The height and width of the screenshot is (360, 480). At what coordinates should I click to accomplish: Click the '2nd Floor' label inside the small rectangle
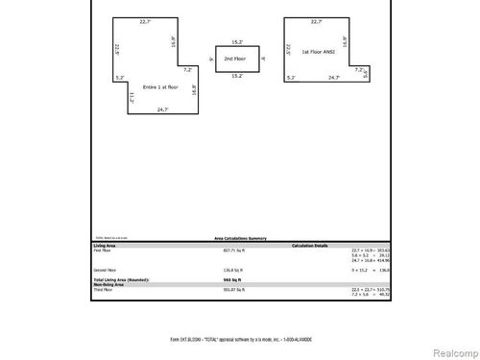click(x=233, y=59)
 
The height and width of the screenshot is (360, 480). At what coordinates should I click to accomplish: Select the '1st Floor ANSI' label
click(x=317, y=51)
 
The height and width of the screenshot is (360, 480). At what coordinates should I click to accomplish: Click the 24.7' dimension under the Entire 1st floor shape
click(x=163, y=110)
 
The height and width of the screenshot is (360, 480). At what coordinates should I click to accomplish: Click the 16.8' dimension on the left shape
click(x=194, y=90)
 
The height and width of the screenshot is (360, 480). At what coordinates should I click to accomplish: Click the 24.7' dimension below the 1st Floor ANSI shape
click(x=333, y=77)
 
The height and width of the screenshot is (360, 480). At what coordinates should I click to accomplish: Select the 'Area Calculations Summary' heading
click(x=240, y=238)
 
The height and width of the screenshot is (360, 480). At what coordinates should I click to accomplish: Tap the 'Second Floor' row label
click(x=105, y=270)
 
